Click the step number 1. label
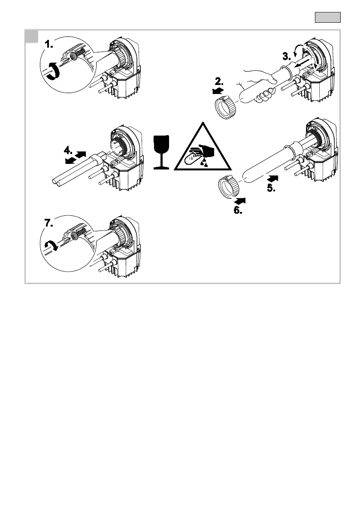coord(52,44)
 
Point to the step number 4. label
coord(70,151)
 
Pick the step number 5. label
coord(273,187)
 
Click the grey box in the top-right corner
coord(328,18)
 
